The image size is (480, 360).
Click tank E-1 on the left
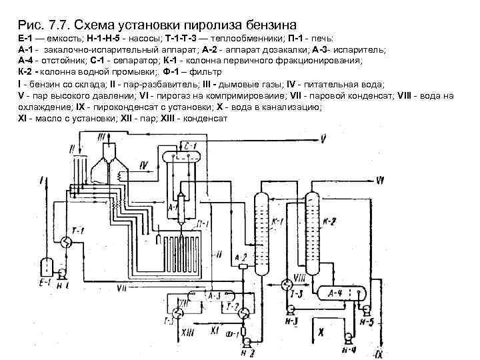click(47, 266)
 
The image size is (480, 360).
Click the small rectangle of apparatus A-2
click(243, 265)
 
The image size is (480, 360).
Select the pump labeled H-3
click(291, 309)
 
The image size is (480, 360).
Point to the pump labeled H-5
click(367, 309)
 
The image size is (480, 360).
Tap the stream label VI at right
click(379, 179)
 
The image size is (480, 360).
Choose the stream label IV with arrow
click(144, 164)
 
